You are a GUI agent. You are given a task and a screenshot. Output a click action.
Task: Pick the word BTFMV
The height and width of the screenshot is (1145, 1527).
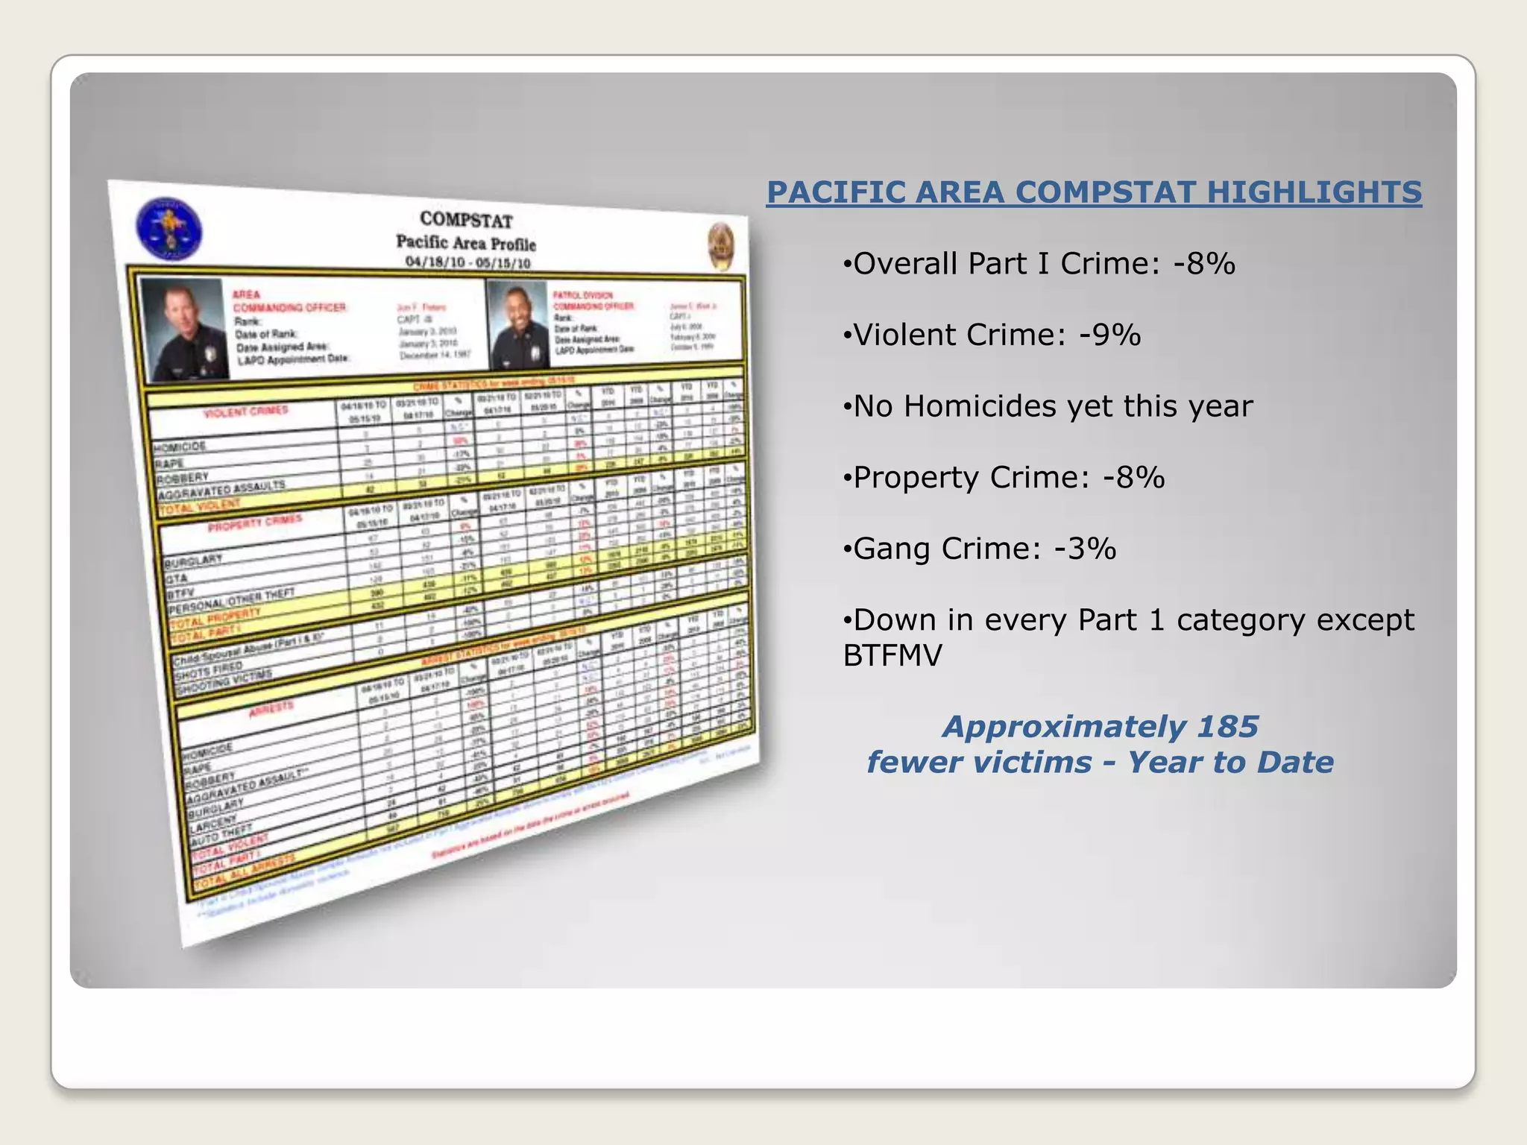click(x=892, y=656)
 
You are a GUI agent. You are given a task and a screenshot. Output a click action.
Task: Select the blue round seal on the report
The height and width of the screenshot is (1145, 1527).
click(x=169, y=229)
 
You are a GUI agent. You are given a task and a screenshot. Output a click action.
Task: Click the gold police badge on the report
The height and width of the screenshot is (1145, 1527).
click(x=721, y=247)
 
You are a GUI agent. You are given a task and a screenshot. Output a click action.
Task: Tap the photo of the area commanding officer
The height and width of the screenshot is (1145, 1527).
click(x=184, y=329)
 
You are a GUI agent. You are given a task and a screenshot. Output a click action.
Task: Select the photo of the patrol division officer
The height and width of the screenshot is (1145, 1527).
click(x=517, y=324)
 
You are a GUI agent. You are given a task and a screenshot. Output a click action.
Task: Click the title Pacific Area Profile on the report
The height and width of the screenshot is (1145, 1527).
click(x=465, y=242)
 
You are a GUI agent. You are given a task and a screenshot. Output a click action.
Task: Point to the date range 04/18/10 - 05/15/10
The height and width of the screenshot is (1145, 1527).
click(x=467, y=262)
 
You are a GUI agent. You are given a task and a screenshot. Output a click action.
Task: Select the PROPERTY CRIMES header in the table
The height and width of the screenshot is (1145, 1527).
click(x=254, y=523)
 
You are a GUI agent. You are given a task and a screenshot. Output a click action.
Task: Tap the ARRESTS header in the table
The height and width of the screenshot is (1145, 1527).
click(x=271, y=708)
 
